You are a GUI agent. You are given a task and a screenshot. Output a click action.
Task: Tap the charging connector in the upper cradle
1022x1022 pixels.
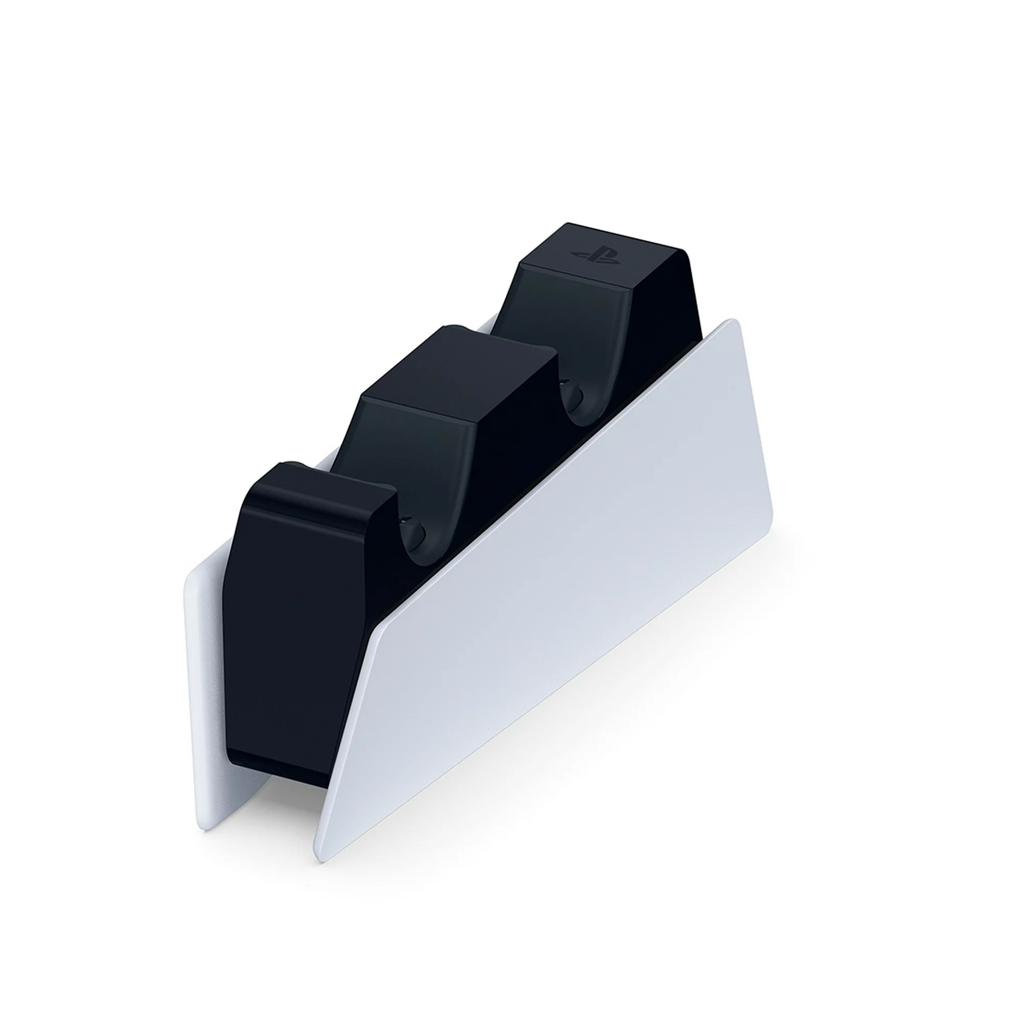click(572, 393)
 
